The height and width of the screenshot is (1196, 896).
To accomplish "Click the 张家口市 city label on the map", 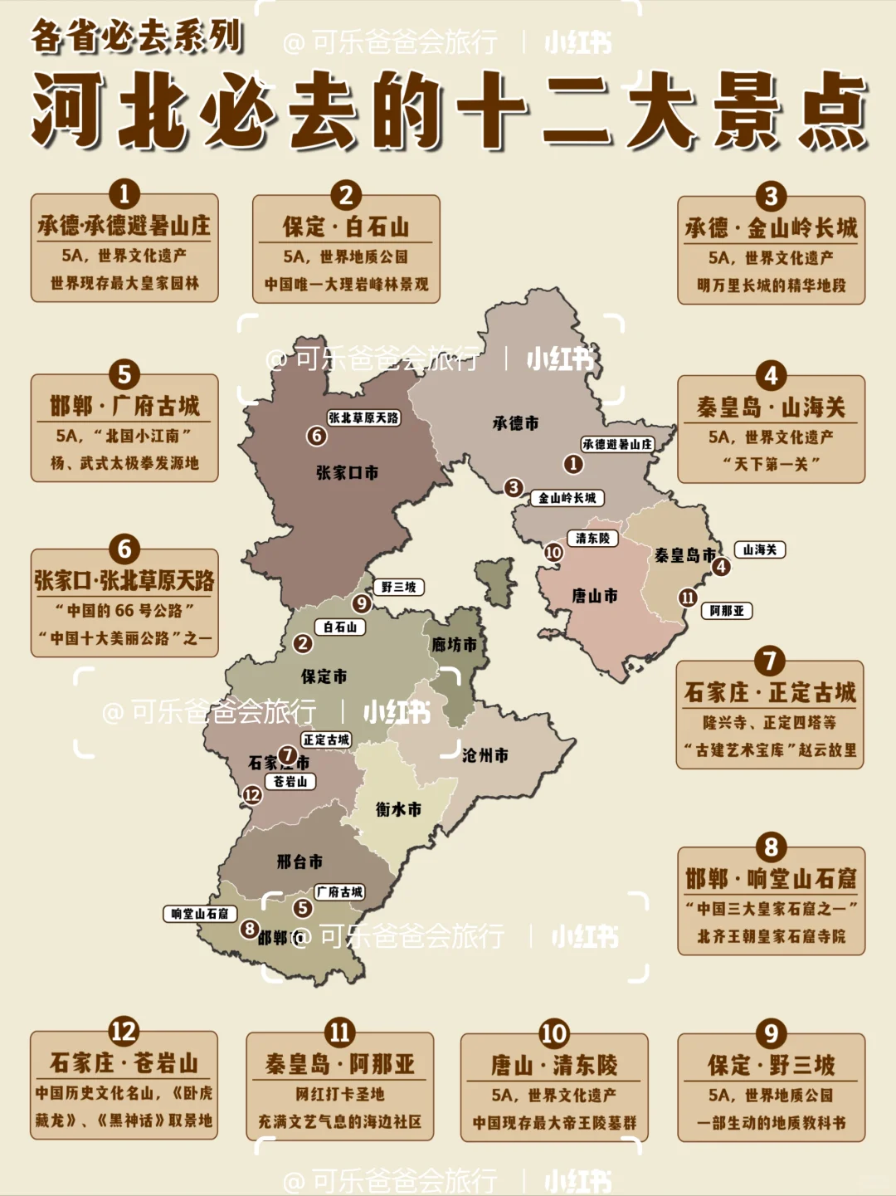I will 347,473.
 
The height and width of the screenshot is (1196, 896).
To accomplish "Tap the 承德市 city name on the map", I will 515,423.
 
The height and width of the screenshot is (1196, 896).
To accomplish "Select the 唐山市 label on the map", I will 594,596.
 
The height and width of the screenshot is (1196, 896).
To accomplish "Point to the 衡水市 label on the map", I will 398,808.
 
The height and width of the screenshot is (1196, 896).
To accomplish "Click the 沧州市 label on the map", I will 485,755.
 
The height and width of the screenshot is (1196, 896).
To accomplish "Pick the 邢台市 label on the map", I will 299,862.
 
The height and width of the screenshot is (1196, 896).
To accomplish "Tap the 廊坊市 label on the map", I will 454,645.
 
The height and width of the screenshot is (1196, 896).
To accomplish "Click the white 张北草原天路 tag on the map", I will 363,417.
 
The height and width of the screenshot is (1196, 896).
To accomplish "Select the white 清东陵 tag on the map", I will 592,539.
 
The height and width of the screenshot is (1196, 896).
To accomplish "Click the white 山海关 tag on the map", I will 759,549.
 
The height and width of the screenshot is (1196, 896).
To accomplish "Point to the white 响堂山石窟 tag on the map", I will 199,914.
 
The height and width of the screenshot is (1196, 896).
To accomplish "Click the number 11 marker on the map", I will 688,598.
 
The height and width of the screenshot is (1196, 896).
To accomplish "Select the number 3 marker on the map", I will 514,487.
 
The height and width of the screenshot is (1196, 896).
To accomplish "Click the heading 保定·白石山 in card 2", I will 346,227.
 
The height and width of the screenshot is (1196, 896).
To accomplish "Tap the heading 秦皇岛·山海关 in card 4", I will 771,408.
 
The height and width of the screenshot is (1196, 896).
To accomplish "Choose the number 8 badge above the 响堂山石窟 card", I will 771,847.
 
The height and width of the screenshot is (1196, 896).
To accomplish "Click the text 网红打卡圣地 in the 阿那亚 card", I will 340,1094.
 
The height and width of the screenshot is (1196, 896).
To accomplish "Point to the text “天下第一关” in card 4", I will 771,464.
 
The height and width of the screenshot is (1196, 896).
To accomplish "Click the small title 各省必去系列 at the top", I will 137,37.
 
